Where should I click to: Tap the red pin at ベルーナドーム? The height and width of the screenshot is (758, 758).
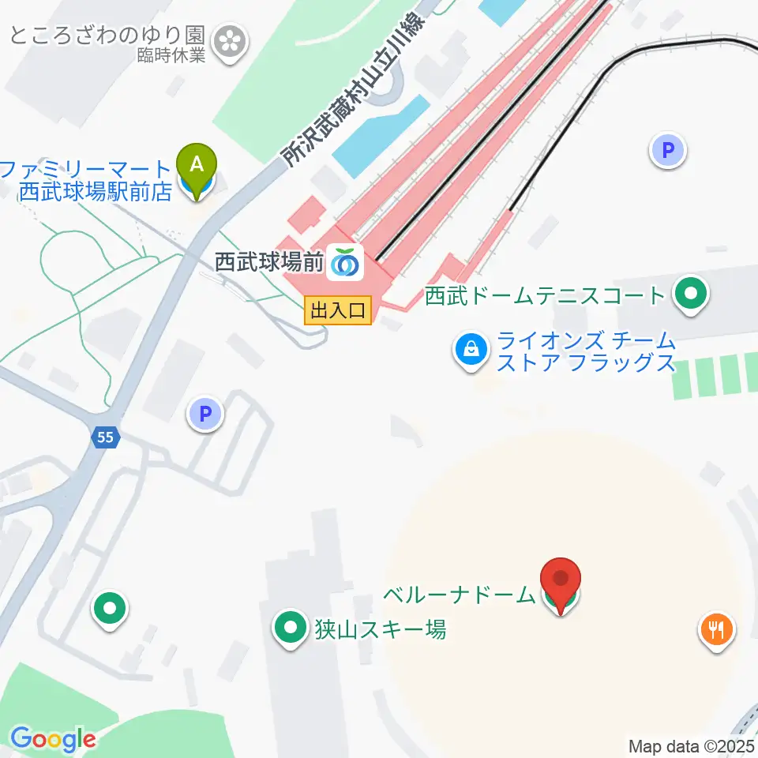pyautogui.click(x=561, y=582)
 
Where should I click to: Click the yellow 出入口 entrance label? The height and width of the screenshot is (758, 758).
pyautogui.click(x=338, y=310)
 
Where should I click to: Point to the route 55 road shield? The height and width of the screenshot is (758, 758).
pyautogui.click(x=106, y=437)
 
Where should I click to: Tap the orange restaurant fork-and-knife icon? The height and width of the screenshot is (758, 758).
pyautogui.click(x=717, y=629)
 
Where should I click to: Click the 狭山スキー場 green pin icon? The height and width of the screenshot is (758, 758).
pyautogui.click(x=290, y=629)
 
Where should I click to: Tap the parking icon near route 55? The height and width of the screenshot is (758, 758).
pyautogui.click(x=205, y=412)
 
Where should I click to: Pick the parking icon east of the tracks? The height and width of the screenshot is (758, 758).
pyautogui.click(x=669, y=149)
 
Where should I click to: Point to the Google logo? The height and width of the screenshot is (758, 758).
pyautogui.click(x=53, y=740)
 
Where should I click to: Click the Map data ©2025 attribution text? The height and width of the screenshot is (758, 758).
pyautogui.click(x=691, y=745)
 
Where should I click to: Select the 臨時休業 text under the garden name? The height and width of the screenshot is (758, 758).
pyautogui.click(x=171, y=56)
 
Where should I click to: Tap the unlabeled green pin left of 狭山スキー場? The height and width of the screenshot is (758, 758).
pyautogui.click(x=111, y=608)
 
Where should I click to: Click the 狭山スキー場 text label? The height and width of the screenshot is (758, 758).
pyautogui.click(x=380, y=629)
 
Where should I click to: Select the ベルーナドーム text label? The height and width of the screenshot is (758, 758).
pyautogui.click(x=460, y=595)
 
